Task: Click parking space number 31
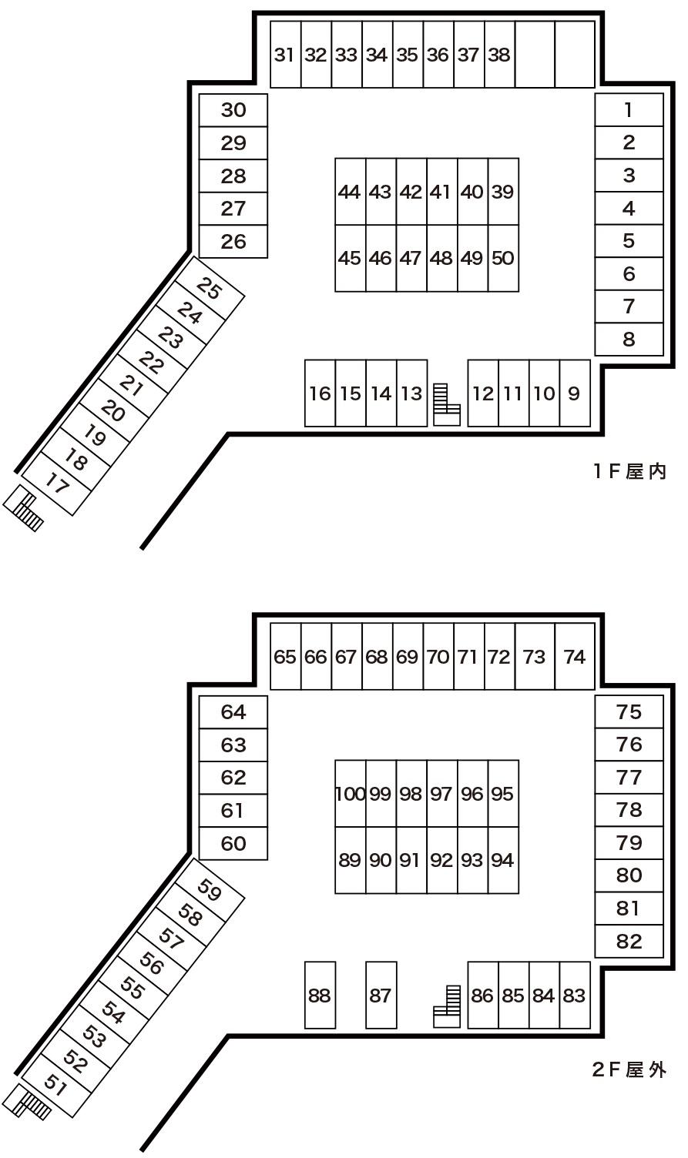285,55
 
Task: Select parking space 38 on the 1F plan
499,55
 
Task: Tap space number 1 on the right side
629,110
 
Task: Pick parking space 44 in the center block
350,192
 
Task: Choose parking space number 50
502,258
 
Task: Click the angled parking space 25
210,289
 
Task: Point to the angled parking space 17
57,484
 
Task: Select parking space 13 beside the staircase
411,393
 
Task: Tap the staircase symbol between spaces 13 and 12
446,404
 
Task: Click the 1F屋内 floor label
629,471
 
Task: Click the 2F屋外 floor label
629,1069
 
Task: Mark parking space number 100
350,794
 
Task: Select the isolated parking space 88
320,995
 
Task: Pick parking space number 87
381,995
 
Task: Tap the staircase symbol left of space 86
447,1006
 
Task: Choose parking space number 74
575,657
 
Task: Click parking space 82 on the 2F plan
629,941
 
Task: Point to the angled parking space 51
55,1084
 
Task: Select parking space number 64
233,712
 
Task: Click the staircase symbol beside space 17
24,509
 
